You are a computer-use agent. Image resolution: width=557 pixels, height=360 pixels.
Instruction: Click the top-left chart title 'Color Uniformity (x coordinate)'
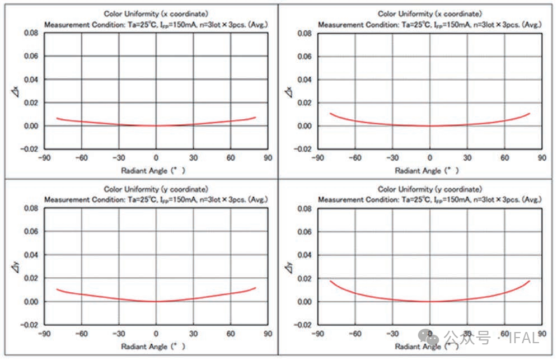[x=156, y=13]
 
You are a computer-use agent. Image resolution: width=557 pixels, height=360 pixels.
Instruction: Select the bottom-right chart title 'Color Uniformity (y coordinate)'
[x=429, y=189]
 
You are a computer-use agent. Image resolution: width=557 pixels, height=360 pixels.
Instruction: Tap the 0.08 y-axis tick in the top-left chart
[x=31, y=34]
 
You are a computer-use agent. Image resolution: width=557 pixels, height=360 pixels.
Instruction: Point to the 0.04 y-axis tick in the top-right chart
[x=305, y=80]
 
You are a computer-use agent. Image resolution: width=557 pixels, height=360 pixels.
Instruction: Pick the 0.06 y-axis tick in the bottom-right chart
[x=305, y=232]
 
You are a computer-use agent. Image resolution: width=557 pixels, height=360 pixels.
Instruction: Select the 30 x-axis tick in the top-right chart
[x=467, y=158]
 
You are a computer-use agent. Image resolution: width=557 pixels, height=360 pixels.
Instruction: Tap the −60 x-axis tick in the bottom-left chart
[x=81, y=334]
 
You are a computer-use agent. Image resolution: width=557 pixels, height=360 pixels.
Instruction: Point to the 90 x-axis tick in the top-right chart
[x=542, y=158]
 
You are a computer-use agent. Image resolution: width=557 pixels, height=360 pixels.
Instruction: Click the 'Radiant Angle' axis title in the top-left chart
[x=153, y=170]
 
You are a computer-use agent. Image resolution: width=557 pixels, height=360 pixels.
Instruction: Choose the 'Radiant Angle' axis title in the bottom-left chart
[x=153, y=347]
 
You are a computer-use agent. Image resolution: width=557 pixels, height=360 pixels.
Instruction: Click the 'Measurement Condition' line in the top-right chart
[x=429, y=25]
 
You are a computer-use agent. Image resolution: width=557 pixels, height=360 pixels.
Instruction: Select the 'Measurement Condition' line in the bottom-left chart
[x=156, y=199]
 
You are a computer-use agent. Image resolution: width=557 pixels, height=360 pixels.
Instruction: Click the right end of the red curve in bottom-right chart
[x=529, y=281]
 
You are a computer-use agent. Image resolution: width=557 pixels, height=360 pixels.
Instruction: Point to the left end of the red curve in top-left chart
[x=57, y=118]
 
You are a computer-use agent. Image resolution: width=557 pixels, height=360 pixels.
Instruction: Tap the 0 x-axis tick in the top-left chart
[x=156, y=158]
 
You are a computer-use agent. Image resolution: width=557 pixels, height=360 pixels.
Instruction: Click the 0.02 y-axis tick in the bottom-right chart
[x=305, y=278]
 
